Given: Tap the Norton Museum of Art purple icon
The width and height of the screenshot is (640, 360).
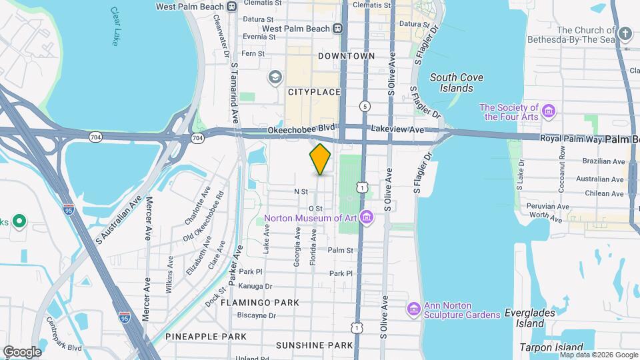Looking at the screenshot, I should pyautogui.click(x=366, y=217).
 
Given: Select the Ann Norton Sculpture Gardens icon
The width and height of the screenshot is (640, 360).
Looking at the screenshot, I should pyautogui.click(x=413, y=309).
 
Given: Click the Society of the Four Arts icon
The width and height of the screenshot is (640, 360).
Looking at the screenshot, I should pyautogui.click(x=549, y=111).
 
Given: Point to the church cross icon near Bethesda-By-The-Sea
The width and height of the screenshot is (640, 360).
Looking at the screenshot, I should pyautogui.click(x=625, y=33).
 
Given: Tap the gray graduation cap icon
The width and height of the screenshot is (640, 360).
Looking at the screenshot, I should pyautogui.click(x=275, y=78).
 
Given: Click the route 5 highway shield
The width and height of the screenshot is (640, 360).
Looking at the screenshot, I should pyautogui.click(x=365, y=106).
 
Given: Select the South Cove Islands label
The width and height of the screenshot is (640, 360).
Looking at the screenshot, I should pyautogui.click(x=457, y=83).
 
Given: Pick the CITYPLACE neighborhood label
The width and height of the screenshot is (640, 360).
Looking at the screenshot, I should pyautogui.click(x=314, y=92).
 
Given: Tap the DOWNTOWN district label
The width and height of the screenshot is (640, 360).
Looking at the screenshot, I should pyautogui.click(x=346, y=56).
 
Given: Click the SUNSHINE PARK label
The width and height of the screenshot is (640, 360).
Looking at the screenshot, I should pyautogui.click(x=314, y=345).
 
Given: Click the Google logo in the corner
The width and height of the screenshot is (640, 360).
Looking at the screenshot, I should pyautogui.click(x=22, y=351).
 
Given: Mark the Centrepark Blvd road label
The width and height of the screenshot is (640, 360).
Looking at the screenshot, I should pyautogui.click(x=64, y=338).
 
